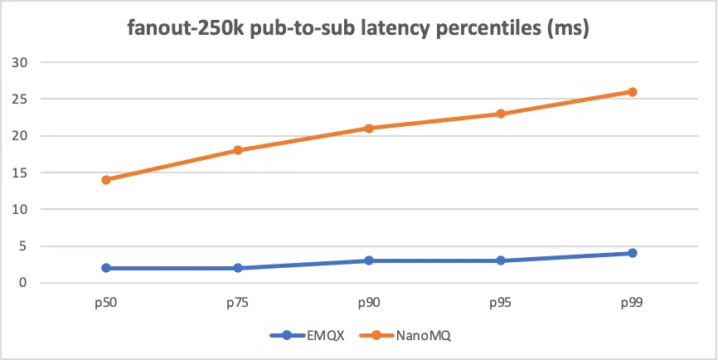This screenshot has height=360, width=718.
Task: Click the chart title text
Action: pos(359,32)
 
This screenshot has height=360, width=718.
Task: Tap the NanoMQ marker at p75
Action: pos(238,150)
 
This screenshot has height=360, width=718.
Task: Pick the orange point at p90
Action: pos(369,129)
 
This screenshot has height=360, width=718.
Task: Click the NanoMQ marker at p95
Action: pos(501,114)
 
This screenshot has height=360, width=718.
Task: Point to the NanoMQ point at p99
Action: pos(632,92)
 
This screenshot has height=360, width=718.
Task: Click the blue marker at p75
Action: pos(238,268)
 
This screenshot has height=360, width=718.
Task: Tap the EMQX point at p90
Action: pos(369,260)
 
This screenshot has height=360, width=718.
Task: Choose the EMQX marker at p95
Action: pos(501,260)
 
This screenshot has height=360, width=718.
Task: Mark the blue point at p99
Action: pos(632,253)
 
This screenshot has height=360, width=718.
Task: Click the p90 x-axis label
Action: pos(369,304)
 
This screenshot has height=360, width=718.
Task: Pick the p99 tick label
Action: pos(632,304)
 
